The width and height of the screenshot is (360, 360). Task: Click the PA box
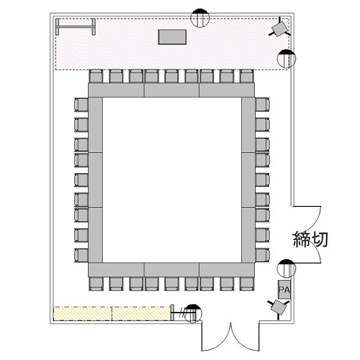point(284,289)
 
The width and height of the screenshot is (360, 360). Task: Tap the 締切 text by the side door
point(311,240)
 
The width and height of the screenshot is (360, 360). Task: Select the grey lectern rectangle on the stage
point(172,37)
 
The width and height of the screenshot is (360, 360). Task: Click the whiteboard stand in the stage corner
point(75,27)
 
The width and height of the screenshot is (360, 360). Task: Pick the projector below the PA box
point(278,307)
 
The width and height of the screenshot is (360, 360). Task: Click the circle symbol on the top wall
point(200,18)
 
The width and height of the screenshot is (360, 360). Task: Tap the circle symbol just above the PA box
point(286,269)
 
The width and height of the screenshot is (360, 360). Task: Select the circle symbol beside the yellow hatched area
point(193,313)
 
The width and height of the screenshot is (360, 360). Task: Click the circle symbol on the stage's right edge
point(287,59)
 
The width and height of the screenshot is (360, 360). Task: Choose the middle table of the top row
point(171,90)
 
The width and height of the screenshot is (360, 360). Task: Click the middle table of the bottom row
point(171,270)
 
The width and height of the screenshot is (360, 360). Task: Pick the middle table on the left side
point(96,180)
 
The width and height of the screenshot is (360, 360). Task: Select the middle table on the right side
point(249,180)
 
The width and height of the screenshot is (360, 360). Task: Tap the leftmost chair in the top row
point(96,76)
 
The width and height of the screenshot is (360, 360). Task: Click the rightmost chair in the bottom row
point(247,284)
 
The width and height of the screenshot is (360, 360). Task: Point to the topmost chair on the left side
point(81,105)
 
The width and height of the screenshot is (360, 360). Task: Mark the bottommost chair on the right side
point(263,255)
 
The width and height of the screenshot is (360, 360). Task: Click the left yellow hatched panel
point(83,313)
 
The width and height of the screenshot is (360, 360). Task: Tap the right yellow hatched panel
point(142,313)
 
